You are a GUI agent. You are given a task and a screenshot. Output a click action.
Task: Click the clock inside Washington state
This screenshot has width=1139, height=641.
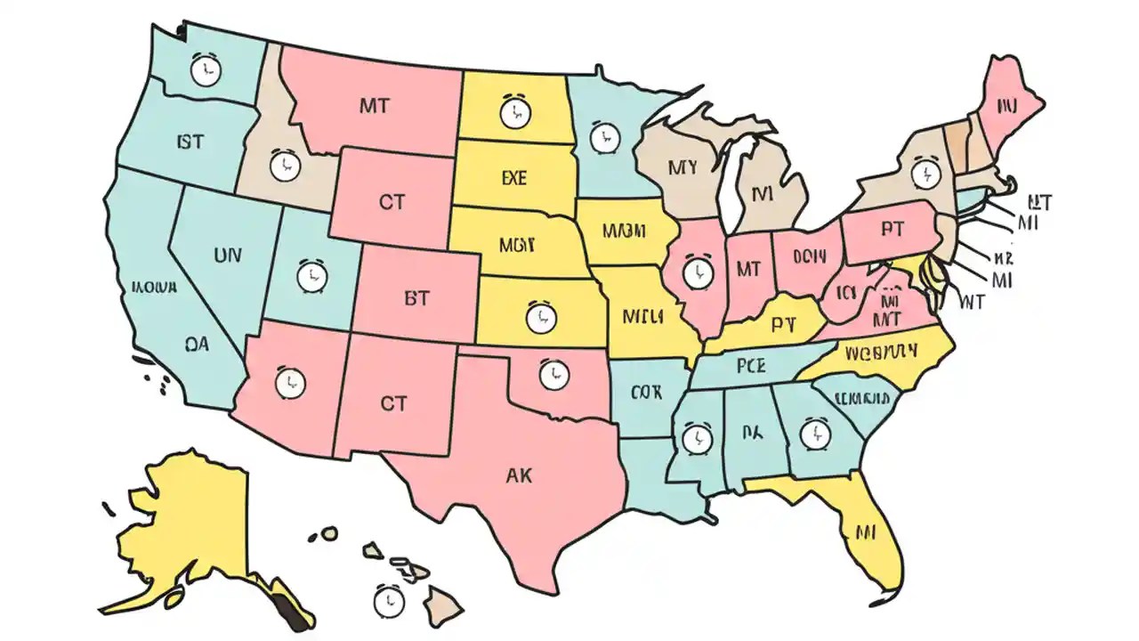[x=206, y=70]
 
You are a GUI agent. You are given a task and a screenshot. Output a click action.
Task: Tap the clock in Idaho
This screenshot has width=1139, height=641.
[x=284, y=166]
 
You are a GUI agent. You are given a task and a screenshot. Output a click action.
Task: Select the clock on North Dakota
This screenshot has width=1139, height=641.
[x=514, y=112]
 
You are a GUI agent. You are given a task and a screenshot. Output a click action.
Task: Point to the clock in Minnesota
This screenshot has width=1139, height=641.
[x=603, y=138]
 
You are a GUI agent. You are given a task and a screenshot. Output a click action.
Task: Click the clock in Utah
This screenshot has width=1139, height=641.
[x=311, y=276]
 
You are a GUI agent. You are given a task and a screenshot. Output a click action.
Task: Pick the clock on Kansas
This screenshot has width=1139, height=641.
[x=538, y=316]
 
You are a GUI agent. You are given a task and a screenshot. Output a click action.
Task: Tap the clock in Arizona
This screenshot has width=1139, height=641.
[x=289, y=383]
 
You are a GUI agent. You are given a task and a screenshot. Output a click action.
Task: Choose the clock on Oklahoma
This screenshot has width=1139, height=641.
[x=553, y=374]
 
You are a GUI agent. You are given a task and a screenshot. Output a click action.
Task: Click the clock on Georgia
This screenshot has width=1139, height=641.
[x=813, y=434]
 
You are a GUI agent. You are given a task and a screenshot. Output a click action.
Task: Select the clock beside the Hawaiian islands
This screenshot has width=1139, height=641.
[x=389, y=602]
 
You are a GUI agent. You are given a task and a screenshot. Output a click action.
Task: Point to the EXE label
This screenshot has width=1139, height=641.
[x=513, y=178]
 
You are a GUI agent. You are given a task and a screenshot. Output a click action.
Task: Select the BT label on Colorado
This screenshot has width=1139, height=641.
[x=416, y=299]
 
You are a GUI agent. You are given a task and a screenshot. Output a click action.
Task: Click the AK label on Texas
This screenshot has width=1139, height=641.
[x=518, y=476]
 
